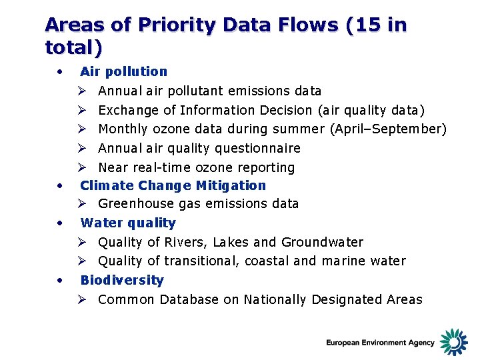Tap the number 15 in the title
tap(366, 25)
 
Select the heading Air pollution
tap(123, 71)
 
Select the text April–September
tap(388, 129)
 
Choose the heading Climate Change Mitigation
tap(173, 185)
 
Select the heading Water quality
tap(128, 223)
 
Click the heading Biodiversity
tap(122, 280)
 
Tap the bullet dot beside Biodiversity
tap(60, 280)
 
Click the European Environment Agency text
tap(380, 343)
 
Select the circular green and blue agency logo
tap(454, 341)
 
